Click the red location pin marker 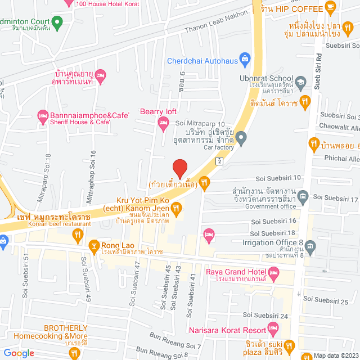(x=179, y=168)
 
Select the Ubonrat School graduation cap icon (x=300, y=82)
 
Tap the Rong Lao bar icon (x=94, y=245)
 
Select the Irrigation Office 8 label (x=272, y=242)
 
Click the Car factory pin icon (x=241, y=137)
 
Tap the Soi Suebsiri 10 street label (x=279, y=178)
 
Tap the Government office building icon (x=304, y=196)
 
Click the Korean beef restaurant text (x=60, y=224)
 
